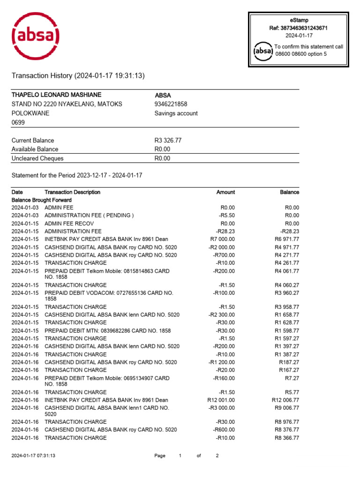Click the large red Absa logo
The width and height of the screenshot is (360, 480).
36,37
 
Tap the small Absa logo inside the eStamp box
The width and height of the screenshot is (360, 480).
262,51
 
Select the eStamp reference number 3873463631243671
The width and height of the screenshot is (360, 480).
298,28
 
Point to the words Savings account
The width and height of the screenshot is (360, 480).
176,113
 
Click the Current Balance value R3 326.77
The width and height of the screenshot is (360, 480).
168,140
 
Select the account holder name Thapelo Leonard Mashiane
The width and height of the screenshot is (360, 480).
56,95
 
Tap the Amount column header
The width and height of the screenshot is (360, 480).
225,192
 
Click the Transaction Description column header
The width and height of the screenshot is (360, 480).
72,192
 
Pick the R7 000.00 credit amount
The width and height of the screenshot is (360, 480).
223,239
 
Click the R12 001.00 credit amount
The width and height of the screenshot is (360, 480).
221,400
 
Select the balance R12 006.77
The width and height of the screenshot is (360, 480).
285,400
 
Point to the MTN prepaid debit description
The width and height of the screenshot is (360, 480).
107,330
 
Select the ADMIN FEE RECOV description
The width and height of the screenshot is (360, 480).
69,224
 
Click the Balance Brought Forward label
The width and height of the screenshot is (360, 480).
42,200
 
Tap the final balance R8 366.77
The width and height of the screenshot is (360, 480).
287,438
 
